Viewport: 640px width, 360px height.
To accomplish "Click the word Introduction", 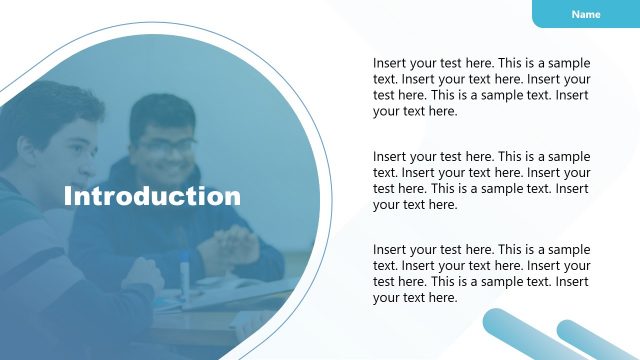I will click(152, 196).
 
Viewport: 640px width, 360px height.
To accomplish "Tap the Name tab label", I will click(585, 14).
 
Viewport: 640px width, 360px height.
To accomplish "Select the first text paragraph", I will click(481, 87).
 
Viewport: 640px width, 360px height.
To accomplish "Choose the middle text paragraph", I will click(481, 180).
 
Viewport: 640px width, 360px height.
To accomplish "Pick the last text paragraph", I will click(481, 273).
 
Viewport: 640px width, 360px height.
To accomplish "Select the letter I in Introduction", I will click(68, 196).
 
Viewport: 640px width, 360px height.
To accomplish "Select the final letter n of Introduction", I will click(232, 197).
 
